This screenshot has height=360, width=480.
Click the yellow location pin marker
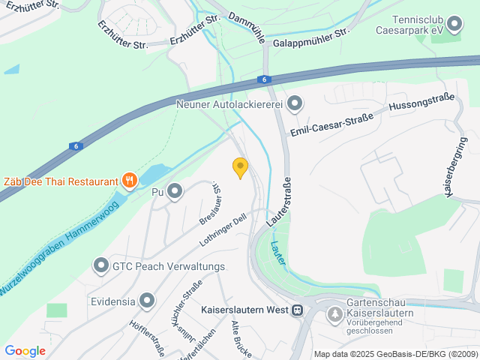click(x=240, y=167)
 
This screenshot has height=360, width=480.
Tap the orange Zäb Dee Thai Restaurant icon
click(x=130, y=180)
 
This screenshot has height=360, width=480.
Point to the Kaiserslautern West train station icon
click(x=298, y=309)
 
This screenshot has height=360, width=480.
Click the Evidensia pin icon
click(x=146, y=301)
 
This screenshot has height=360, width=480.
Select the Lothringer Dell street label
click(x=223, y=231)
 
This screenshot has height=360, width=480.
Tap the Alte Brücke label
click(x=241, y=339)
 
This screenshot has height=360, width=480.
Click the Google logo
click(x=25, y=351)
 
